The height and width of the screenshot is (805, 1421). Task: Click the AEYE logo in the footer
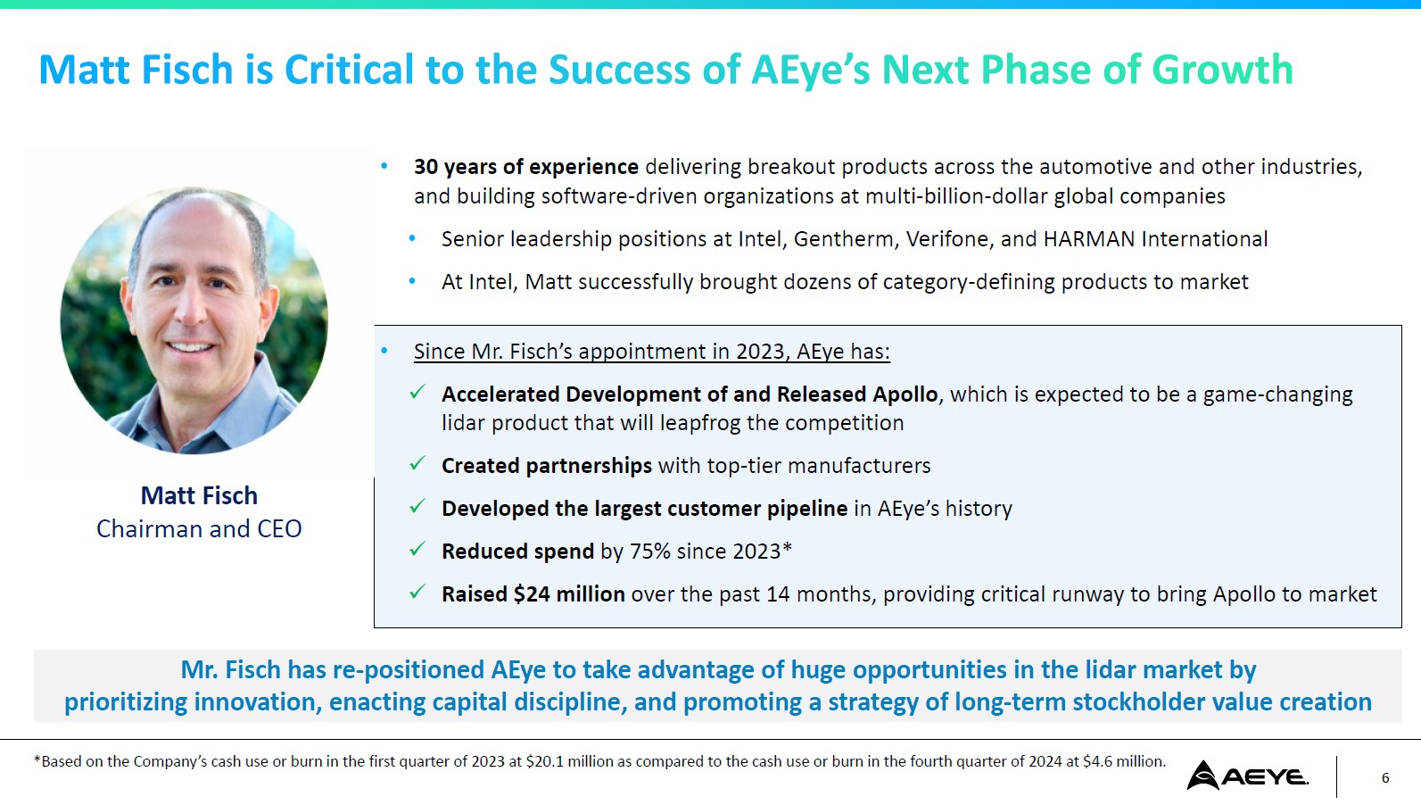(1247, 776)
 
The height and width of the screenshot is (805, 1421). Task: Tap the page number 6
(1385, 777)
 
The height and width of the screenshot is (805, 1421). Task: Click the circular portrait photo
(194, 320)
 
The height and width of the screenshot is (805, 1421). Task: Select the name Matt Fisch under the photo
(199, 496)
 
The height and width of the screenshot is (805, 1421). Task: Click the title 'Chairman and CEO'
(199, 529)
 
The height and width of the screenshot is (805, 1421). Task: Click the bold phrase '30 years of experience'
(526, 167)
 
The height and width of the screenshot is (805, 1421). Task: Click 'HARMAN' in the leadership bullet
(1089, 239)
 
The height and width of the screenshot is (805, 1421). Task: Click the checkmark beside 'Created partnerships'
(417, 464)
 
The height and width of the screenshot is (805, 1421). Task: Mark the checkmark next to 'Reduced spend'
(417, 549)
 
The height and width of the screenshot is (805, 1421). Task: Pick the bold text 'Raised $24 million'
(533, 594)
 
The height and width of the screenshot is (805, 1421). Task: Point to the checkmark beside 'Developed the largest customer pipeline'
(417, 507)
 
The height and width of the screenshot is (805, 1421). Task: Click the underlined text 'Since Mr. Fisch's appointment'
(572, 352)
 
